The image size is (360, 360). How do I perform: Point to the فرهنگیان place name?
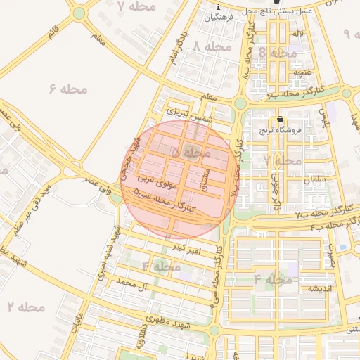(218, 17)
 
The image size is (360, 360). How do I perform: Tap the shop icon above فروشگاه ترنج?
(281, 119)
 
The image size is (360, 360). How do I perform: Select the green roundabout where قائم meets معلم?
(79, 13)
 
